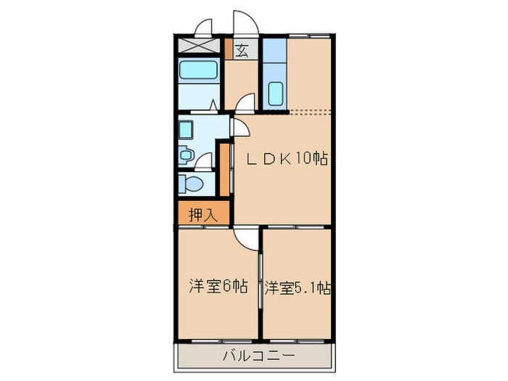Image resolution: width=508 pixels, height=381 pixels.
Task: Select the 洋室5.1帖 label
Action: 298,287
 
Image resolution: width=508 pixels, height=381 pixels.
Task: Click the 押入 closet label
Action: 202,214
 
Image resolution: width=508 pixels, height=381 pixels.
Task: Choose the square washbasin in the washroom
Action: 186,131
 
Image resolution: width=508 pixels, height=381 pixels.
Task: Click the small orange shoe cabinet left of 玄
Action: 229,50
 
